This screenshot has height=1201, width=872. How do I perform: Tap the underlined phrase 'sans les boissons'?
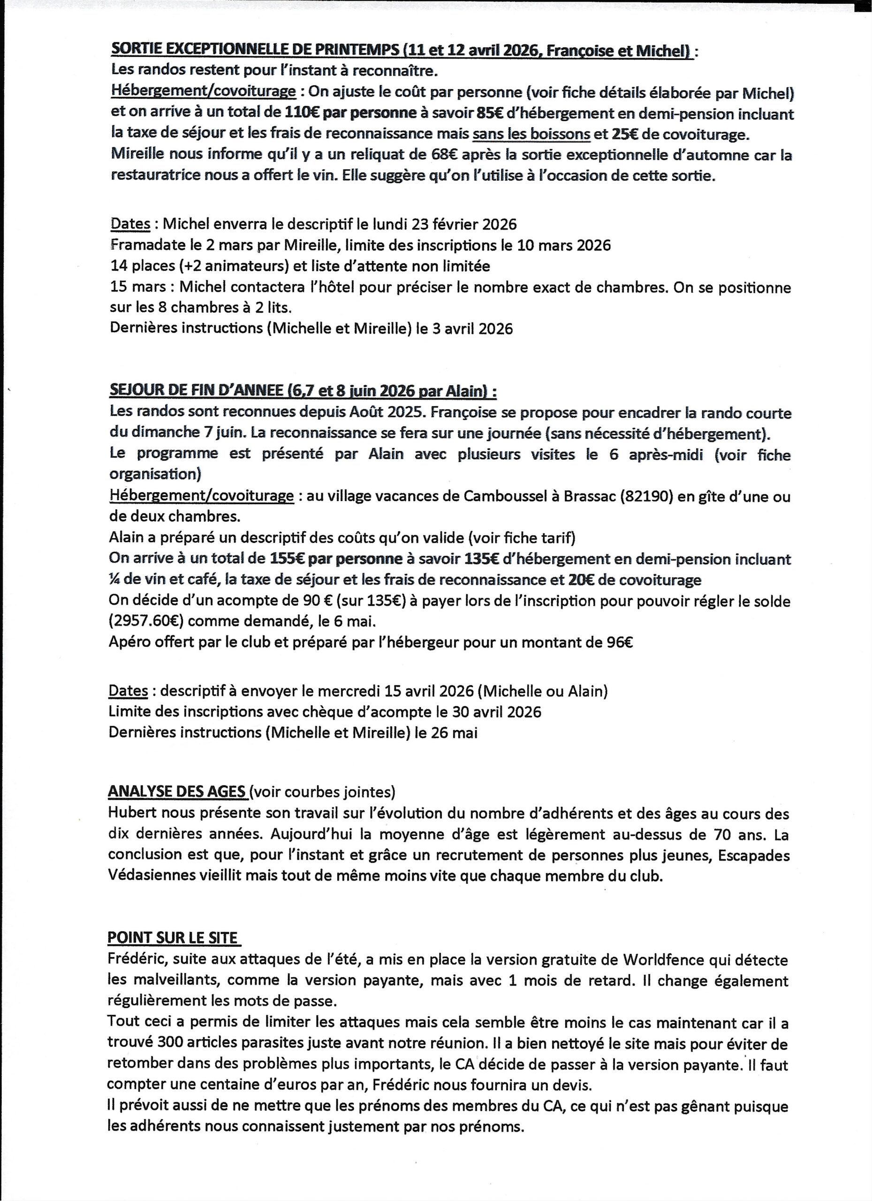(x=531, y=135)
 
